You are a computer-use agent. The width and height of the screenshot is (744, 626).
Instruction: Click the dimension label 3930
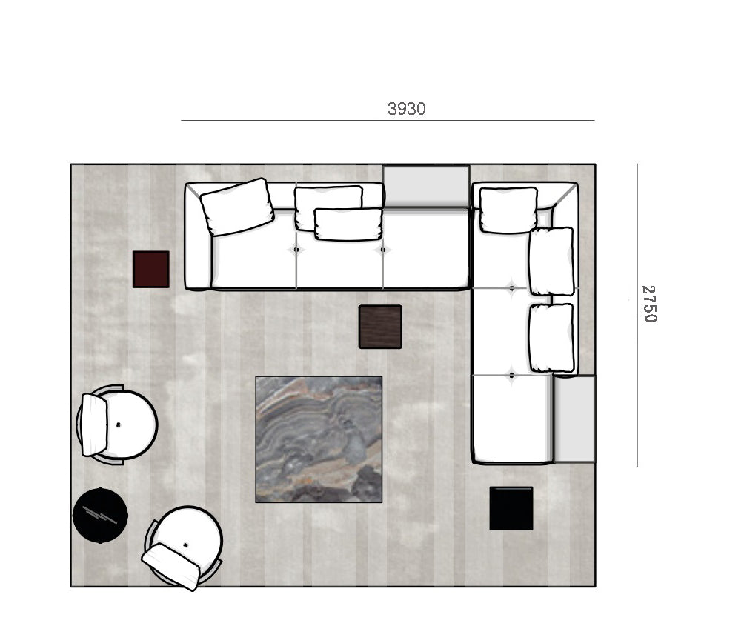[407, 109]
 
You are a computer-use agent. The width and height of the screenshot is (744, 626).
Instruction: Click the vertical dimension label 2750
[649, 304]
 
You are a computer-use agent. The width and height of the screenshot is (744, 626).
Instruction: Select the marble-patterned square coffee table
[319, 439]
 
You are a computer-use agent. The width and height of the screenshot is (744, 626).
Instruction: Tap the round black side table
[100, 516]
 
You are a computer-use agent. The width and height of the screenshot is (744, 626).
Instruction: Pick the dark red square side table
[151, 270]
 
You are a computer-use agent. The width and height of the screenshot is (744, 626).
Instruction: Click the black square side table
[511, 508]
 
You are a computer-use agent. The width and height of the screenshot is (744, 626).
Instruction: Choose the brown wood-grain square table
[381, 327]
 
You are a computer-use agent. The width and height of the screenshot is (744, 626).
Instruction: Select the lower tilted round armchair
[184, 547]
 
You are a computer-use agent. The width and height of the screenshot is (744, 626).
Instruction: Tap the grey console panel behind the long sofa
[426, 187]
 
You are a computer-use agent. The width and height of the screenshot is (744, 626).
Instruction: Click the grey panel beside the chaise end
[574, 419]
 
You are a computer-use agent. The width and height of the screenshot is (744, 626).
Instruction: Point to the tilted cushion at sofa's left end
[237, 207]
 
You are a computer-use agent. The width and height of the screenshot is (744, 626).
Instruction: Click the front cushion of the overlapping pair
[348, 224]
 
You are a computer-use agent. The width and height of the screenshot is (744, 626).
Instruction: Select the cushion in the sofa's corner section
[508, 210]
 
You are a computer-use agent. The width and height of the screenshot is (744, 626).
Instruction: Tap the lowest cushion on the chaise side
[551, 338]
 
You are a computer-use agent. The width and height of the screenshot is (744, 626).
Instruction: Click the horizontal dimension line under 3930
[388, 121]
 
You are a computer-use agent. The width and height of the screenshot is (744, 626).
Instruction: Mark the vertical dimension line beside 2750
[637, 315]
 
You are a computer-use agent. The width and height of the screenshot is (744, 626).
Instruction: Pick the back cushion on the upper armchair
[94, 425]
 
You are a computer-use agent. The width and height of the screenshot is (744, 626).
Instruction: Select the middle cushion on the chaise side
[551, 262]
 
